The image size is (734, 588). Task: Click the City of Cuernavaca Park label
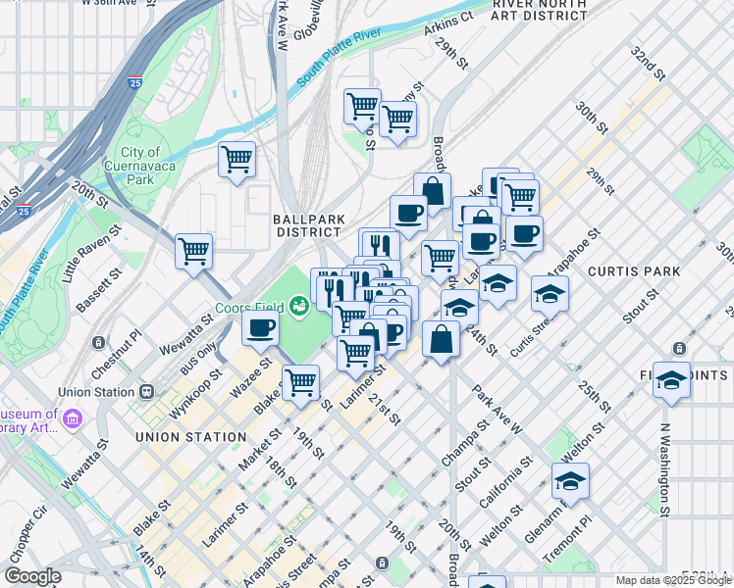click(x=141, y=166)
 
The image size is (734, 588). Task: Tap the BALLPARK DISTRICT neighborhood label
click(x=307, y=225)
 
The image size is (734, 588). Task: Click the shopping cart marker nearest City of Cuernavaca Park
click(x=237, y=159)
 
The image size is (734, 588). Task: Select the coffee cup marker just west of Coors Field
click(x=260, y=328)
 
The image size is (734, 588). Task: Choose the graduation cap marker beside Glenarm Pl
click(x=570, y=481)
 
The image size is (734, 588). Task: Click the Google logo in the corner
click(x=32, y=576)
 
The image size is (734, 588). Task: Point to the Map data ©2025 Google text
click(x=673, y=580)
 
